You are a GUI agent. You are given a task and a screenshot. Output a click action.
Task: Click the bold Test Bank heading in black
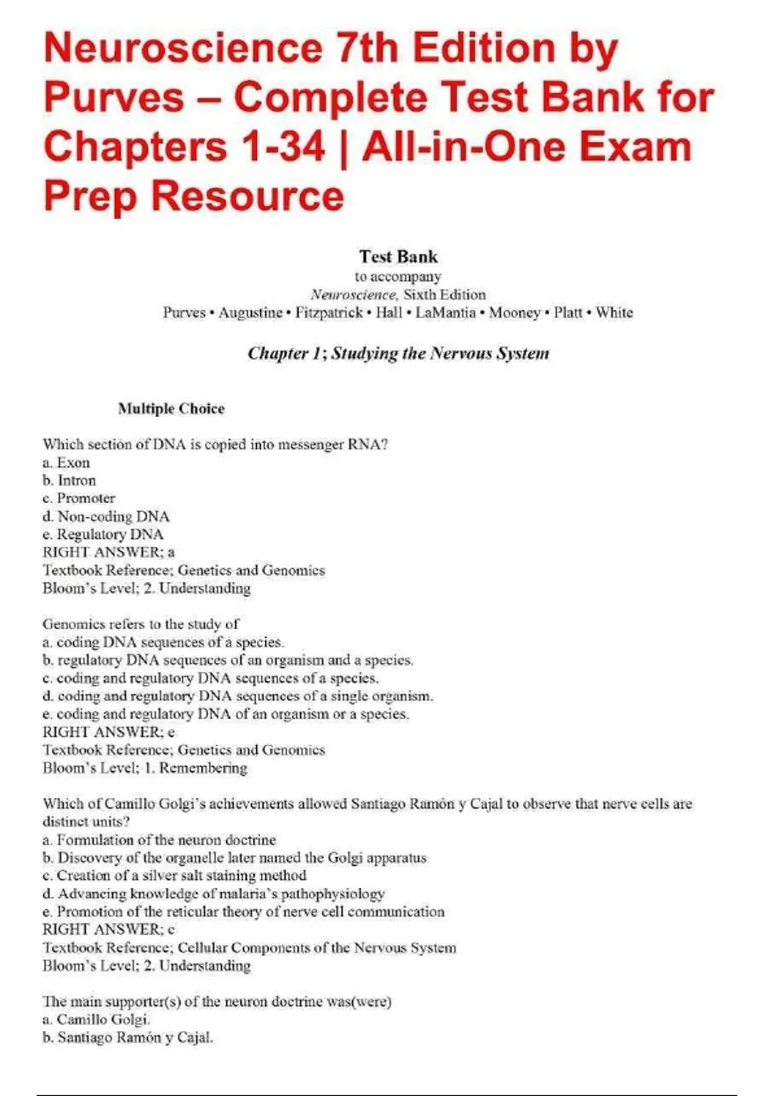click(398, 257)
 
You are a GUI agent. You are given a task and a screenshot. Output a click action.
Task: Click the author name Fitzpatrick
click(329, 313)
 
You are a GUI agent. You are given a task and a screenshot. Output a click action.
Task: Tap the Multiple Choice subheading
click(171, 409)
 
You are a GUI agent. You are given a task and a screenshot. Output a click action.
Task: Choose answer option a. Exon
click(66, 462)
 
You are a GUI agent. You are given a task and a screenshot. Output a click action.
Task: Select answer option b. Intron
click(69, 480)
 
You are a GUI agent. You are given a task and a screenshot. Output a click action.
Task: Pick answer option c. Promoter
click(79, 498)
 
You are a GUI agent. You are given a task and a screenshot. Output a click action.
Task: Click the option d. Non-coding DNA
click(106, 516)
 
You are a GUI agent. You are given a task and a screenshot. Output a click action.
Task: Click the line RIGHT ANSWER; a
click(108, 552)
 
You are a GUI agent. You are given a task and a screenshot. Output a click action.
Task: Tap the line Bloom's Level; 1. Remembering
click(144, 768)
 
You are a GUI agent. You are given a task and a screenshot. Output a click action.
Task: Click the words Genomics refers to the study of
click(140, 624)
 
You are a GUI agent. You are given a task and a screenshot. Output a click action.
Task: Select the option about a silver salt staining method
click(174, 876)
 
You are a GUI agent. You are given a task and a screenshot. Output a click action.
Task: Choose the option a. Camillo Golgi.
click(96, 1019)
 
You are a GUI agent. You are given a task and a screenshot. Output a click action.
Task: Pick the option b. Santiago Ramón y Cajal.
click(127, 1037)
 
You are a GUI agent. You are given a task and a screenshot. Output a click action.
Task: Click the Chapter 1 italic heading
click(398, 353)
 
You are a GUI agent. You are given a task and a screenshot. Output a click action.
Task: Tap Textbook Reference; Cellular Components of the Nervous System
click(249, 948)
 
